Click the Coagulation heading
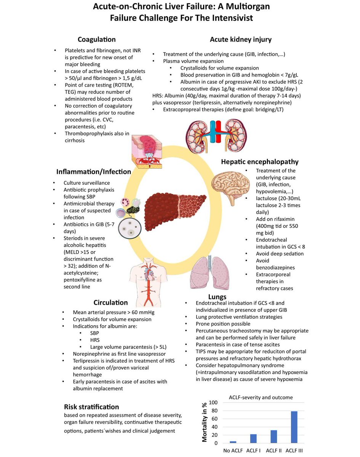coord(97,39)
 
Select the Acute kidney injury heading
coord(241,39)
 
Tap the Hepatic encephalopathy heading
coord(259,161)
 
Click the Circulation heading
coord(110,303)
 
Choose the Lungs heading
coord(217,296)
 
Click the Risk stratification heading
coord(91,407)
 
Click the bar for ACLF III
coord(294,427)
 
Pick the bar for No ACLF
coord(233,442)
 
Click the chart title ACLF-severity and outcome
coord(261,397)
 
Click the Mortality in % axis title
coord(205,423)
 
